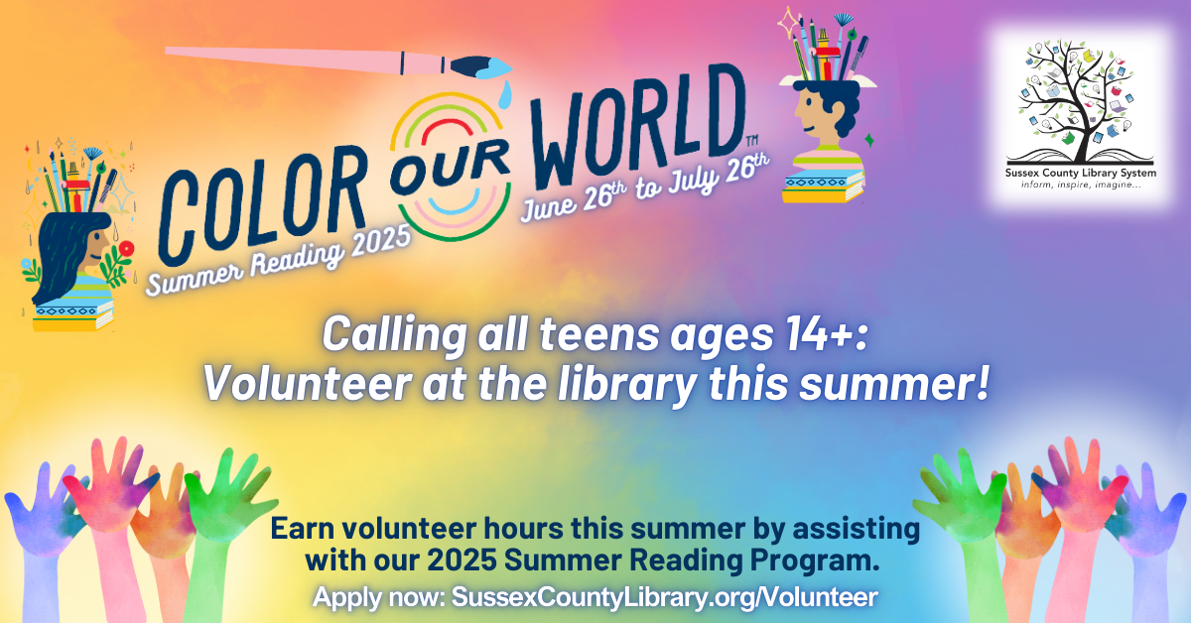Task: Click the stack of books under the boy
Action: click(821, 185)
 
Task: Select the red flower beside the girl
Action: click(126, 248)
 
